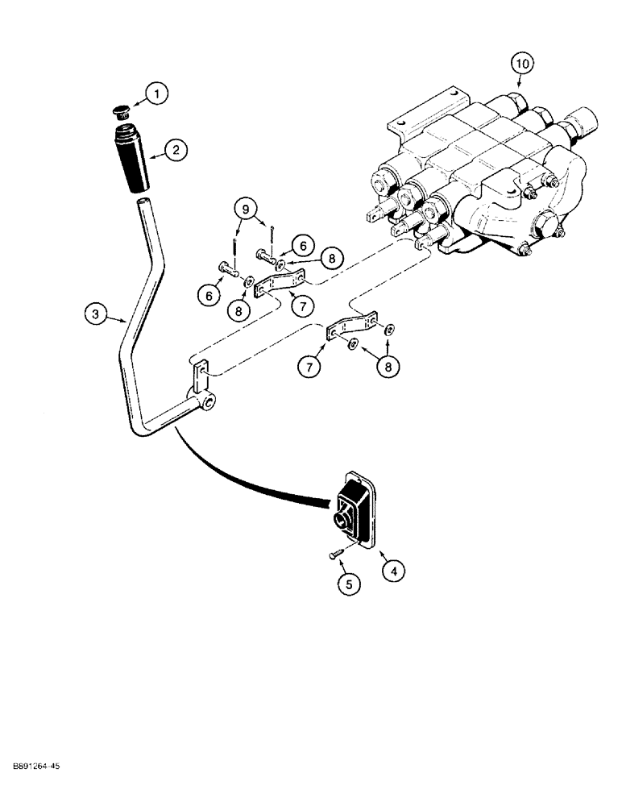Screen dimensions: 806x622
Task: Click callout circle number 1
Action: [x=158, y=94]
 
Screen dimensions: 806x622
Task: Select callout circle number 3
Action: [x=95, y=315]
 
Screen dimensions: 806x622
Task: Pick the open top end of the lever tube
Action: [x=143, y=202]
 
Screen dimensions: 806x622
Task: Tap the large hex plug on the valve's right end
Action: [x=583, y=127]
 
